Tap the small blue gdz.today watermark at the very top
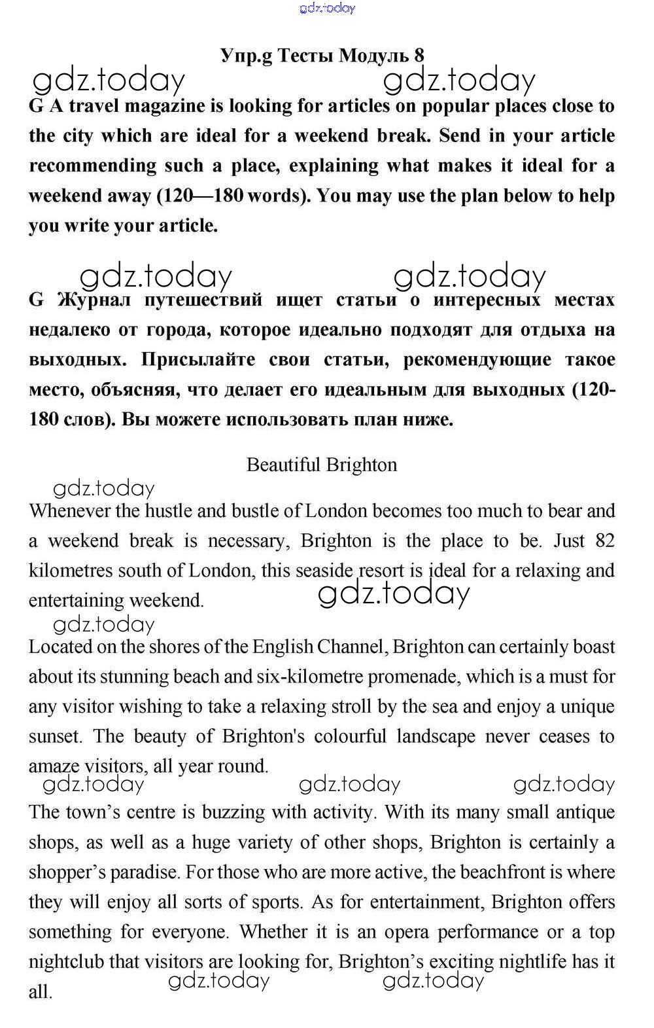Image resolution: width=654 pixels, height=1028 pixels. [x=327, y=8]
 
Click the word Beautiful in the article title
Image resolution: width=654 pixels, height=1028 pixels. [x=283, y=465]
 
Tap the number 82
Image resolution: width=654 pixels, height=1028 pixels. [x=605, y=541]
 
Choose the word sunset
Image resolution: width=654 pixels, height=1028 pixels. [x=54, y=736]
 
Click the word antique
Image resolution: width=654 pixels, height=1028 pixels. [x=585, y=812]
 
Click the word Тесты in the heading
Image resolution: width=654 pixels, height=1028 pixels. [x=305, y=56]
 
